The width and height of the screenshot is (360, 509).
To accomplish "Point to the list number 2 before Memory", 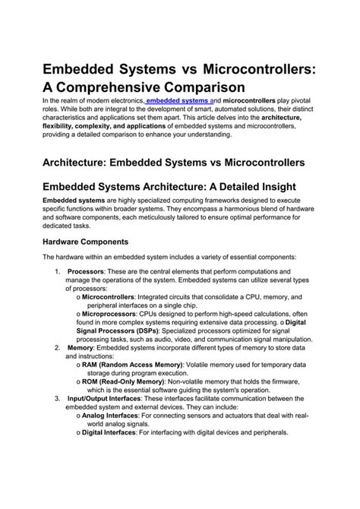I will coord(58,347).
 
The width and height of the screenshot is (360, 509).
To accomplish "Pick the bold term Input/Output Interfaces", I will coord(104,398).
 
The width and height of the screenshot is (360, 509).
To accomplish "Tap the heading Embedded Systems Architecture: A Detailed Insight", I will coord(169,187).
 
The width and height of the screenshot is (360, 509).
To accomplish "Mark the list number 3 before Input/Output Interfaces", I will coord(58,398).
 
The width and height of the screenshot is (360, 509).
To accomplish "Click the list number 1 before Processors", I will coord(58,271).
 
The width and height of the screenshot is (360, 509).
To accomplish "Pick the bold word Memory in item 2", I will coord(82,347).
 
